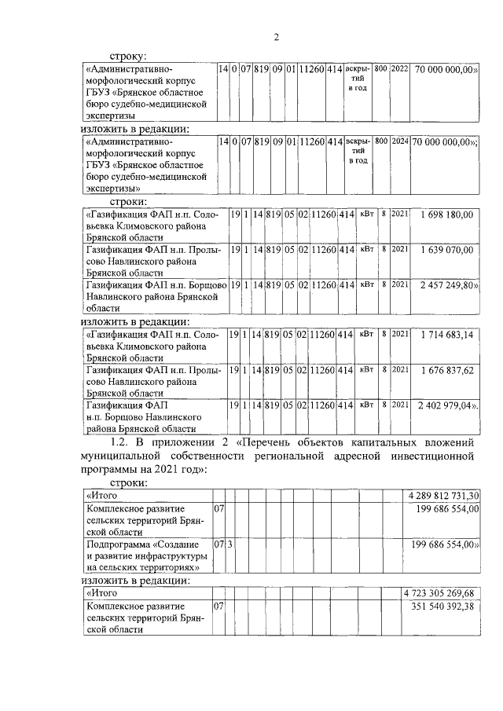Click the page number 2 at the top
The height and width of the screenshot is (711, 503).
(x=276, y=36)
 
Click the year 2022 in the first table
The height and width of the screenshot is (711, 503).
(x=399, y=70)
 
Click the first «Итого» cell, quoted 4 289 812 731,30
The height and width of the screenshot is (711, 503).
(x=101, y=497)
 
